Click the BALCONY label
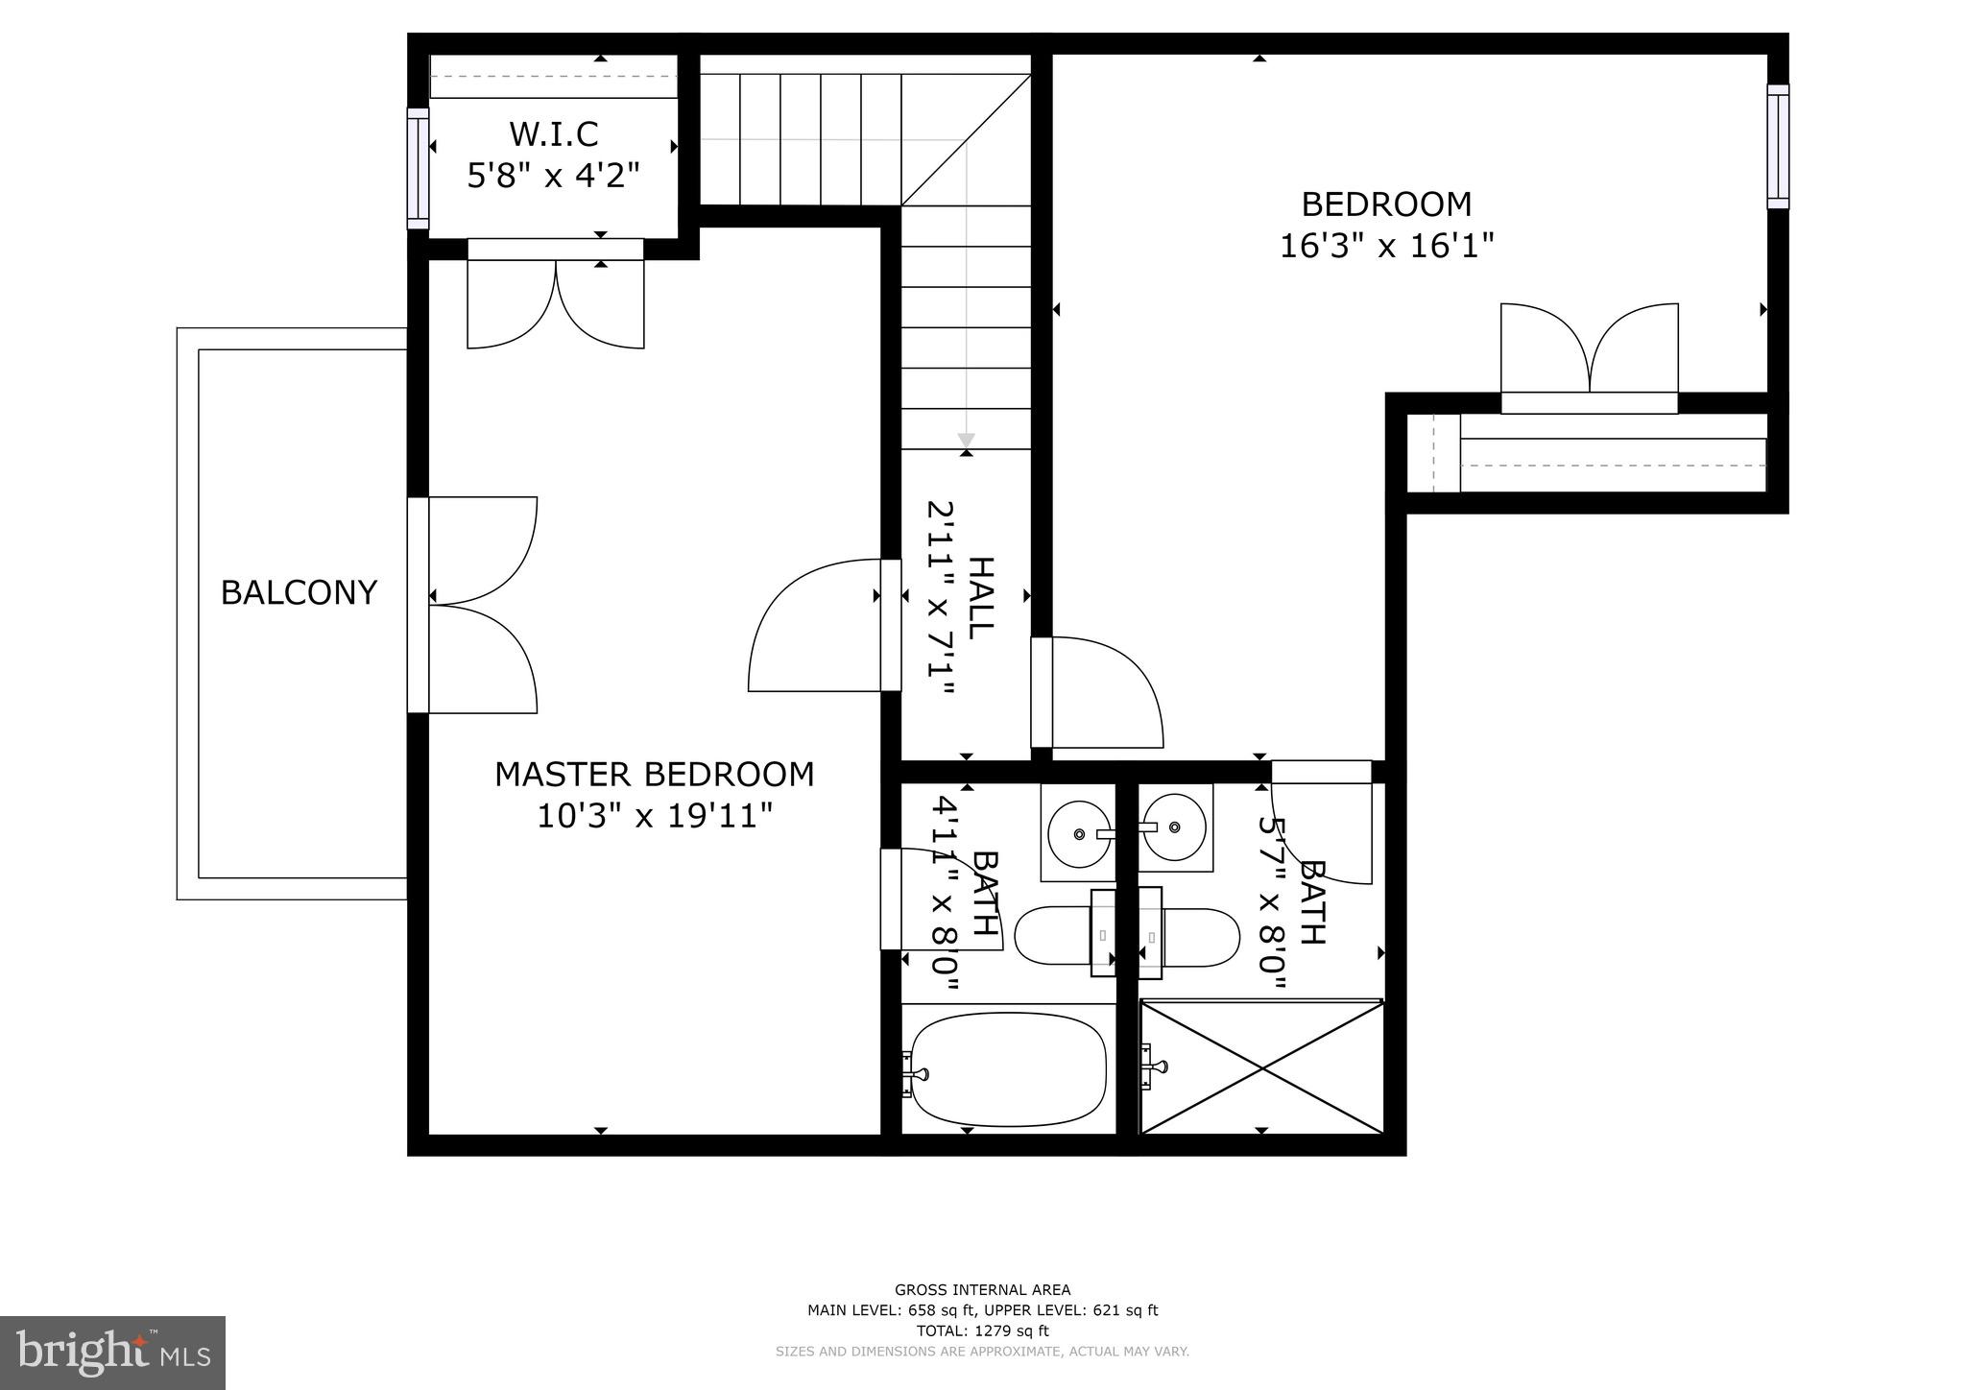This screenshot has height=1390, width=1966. (x=299, y=592)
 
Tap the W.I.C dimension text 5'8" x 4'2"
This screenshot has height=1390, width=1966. (x=553, y=176)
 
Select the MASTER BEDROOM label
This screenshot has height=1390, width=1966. (x=654, y=774)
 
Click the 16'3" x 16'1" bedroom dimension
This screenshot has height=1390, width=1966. (x=1386, y=246)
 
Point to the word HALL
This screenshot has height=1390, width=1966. (x=980, y=597)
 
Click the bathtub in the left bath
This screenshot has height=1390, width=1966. (x=1008, y=1071)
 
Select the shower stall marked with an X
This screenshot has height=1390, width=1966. (x=1261, y=1066)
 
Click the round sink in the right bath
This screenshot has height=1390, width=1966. (x=1175, y=827)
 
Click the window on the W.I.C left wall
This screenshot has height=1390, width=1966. (x=418, y=168)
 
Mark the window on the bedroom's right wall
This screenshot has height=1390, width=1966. (x=1778, y=146)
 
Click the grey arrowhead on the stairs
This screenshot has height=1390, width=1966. (x=966, y=440)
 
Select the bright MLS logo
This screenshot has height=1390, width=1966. (x=112, y=1354)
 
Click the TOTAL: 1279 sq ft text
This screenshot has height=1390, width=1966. (x=982, y=1330)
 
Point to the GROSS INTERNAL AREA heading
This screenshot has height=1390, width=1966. (x=982, y=1289)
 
